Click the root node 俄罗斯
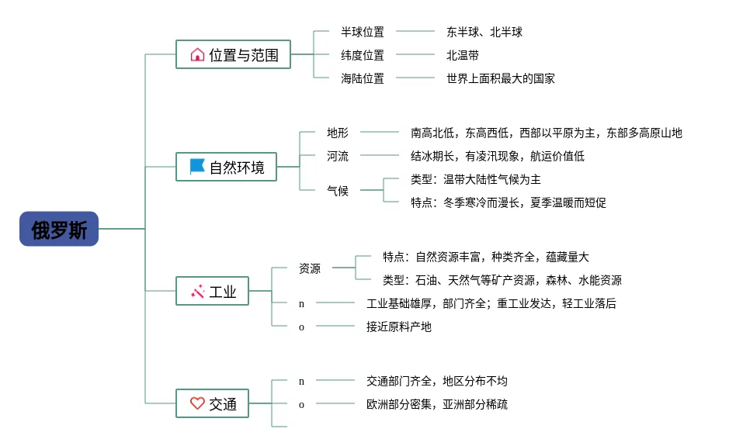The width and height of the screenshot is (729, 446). point(59,229)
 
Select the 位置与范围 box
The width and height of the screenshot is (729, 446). point(233,54)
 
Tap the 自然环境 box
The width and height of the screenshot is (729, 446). point(226,167)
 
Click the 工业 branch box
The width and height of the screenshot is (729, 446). point(212,291)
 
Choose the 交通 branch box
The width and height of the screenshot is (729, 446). point(212,403)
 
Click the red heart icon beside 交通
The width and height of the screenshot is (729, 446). point(197,403)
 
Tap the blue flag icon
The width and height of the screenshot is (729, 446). point(197,166)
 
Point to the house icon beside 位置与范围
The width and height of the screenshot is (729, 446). point(197,55)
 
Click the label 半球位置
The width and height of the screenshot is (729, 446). point(363,32)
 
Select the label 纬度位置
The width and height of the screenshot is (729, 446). point(363,55)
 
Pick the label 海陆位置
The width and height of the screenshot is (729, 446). point(363,78)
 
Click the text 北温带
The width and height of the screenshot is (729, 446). point(463,55)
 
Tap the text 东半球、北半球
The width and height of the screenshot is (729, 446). point(484,32)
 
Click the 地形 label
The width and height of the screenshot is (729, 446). point(338,133)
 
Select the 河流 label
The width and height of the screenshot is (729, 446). point(338,156)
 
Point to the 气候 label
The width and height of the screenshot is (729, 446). point(338,191)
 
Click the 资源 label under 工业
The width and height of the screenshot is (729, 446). point(310,268)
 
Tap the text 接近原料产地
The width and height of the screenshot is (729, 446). point(399,327)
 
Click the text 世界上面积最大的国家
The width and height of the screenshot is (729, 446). point(501,78)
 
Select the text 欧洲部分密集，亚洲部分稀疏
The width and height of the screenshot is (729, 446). point(437,404)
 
